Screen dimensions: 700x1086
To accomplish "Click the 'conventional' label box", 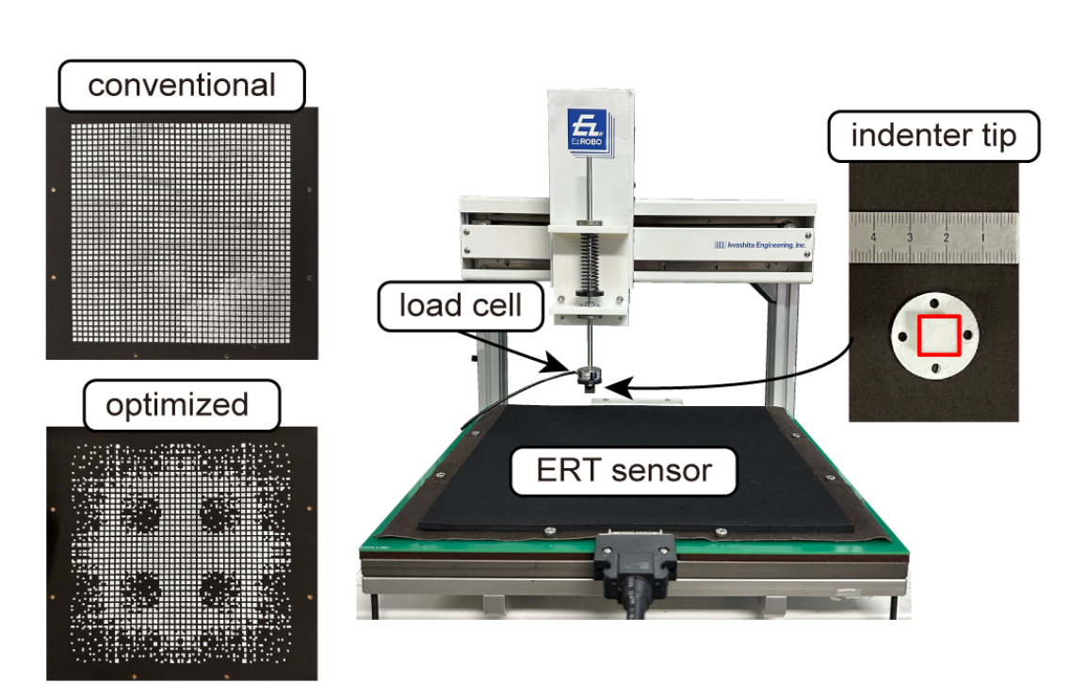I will pyautogui.click(x=182, y=85).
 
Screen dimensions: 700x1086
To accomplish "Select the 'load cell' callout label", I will pyautogui.click(x=461, y=305).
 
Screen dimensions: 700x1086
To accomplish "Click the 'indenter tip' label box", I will pyautogui.click(x=933, y=138).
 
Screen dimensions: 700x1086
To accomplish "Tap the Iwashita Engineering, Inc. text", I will pyautogui.click(x=761, y=245).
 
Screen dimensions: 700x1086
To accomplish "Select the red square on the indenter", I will pyautogui.click(x=939, y=335).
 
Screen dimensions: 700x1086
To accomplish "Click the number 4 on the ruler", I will pyautogui.click(x=875, y=238).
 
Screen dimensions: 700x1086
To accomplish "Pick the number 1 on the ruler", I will pyautogui.click(x=982, y=238).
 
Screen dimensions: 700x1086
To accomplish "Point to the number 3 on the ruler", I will pyautogui.click(x=911, y=238).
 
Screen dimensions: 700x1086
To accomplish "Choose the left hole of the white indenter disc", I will pyautogui.click(x=903, y=338).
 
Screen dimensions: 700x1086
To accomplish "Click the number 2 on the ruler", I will pyautogui.click(x=947, y=238).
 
